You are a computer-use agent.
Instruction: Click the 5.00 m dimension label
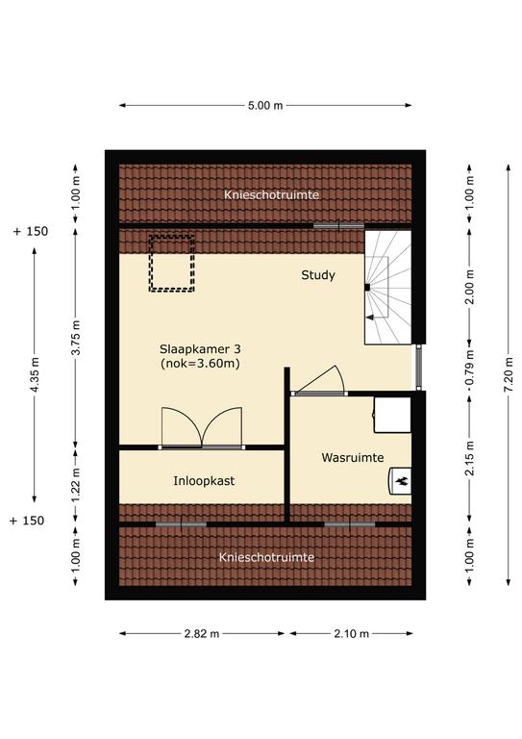(265, 106)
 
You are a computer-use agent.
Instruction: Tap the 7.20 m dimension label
(509, 374)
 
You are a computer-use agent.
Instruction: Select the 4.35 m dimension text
(34, 374)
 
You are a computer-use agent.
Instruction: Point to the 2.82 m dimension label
(202, 634)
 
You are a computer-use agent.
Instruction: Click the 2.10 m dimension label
(351, 634)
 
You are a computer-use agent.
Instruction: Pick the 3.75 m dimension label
(76, 338)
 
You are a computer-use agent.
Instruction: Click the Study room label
(318, 275)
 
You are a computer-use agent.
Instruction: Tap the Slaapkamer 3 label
(200, 349)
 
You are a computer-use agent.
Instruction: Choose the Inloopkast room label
(204, 481)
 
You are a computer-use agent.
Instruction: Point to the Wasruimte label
(353, 458)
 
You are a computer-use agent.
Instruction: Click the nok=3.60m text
(200, 364)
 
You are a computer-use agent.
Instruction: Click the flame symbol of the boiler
(403, 482)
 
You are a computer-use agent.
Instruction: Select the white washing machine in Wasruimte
(392, 415)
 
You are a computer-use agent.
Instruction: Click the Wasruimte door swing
(319, 379)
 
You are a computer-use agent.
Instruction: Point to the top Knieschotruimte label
(272, 194)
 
